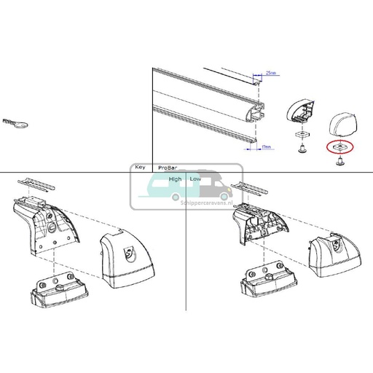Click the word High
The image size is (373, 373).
pos(175,178)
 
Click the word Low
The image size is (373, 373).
pos(195,178)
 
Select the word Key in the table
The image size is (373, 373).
pos(140,167)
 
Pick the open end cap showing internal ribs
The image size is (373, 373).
pos(299,111)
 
